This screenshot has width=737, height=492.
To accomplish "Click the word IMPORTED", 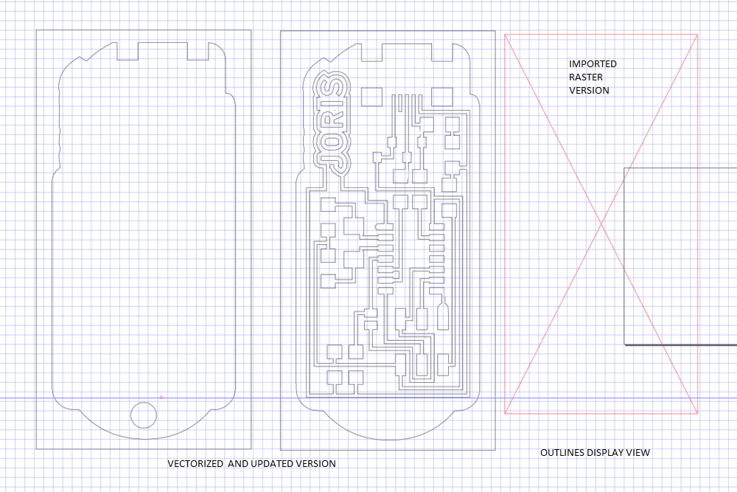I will [x=592, y=64].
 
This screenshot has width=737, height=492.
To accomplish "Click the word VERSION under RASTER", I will [x=588, y=90].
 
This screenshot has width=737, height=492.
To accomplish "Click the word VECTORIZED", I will [x=196, y=464].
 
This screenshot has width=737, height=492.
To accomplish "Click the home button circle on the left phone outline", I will [x=145, y=415].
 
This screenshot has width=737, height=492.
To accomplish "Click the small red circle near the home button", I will [x=161, y=398].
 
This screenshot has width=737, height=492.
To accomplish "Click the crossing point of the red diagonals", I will [x=601, y=224].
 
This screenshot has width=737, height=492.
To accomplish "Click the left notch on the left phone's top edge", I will [x=128, y=51].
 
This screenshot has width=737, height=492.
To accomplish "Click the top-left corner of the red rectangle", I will [x=504, y=34].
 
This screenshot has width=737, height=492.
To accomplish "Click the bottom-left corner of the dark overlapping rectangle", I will [x=624, y=344].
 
